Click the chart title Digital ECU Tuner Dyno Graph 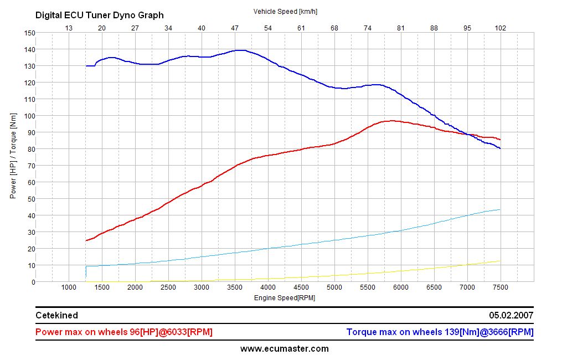pos(100,16)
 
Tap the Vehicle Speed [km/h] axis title pos(285,11)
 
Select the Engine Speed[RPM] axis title pos(285,297)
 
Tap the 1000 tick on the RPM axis pos(69,287)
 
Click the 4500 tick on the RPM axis pos(301,287)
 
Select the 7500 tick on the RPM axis pos(501,287)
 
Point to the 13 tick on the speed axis pos(69,28)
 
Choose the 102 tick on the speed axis pos(501,28)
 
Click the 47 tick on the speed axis pos(235,28)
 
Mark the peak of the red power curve pos(392,120)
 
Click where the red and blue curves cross pos(470,135)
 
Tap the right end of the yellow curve pos(500,261)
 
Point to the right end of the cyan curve pos(500,209)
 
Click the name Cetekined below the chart pos(56,315)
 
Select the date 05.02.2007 pos(511,315)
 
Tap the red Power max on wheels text pos(123,332)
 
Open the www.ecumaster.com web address pos(284,349)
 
